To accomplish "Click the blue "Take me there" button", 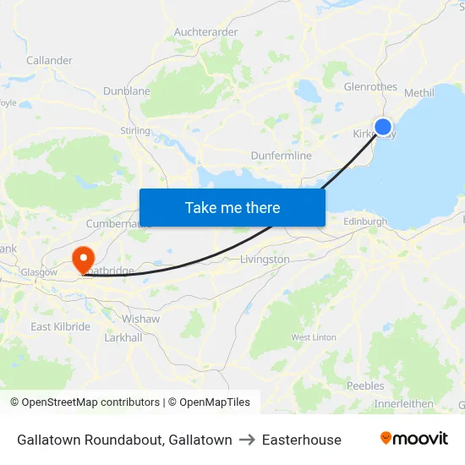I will pyautogui.click(x=232, y=207).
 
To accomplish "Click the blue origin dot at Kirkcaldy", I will pyautogui.click(x=383, y=127).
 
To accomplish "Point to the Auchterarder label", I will pyautogui.click(x=205, y=32).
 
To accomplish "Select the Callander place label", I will pyautogui.click(x=49, y=61).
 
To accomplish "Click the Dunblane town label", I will pyautogui.click(x=127, y=90).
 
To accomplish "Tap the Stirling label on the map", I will pyautogui.click(x=135, y=131).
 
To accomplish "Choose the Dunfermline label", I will pyautogui.click(x=282, y=156).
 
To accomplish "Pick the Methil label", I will pyautogui.click(x=419, y=92).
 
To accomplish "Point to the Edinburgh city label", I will pyautogui.click(x=365, y=222).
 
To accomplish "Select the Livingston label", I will pyautogui.click(x=265, y=260).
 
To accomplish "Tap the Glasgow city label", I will pyautogui.click(x=39, y=272).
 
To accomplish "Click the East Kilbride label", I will pyautogui.click(x=60, y=326).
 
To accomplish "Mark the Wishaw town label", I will pyautogui.click(x=140, y=320).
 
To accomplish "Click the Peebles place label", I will pyautogui.click(x=365, y=386).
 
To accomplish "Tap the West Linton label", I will pyautogui.click(x=314, y=337).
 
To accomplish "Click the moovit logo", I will pyautogui.click(x=414, y=439).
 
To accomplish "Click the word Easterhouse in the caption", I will pyautogui.click(x=302, y=440).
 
